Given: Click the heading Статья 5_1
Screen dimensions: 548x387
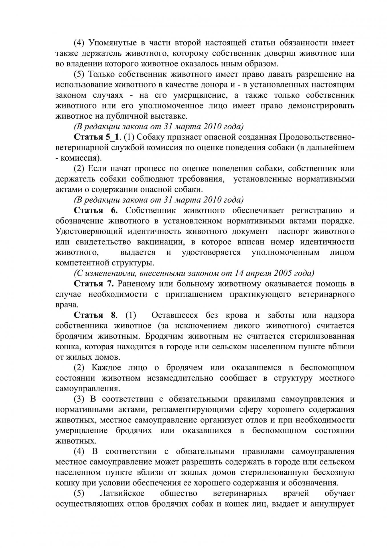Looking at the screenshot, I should point(96,137).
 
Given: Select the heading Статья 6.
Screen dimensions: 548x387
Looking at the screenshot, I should point(96,210).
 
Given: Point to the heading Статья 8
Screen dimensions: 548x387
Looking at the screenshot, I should point(95,315).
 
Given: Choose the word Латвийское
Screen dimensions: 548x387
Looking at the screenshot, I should point(122,493).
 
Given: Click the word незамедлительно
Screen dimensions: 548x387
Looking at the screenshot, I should point(180,378).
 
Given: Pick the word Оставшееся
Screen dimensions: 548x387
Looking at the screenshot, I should point(175,315).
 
